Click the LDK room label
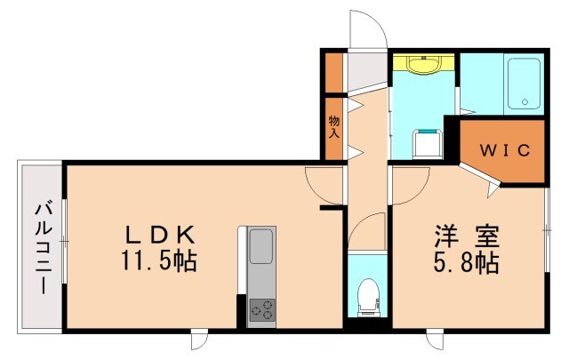tap(160, 236)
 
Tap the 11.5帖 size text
tap(160, 262)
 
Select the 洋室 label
tap(467, 236)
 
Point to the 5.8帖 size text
tap(467, 263)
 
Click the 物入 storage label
tap(334, 126)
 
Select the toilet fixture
tap(365, 299)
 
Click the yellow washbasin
tap(423, 66)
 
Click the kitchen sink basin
tap(261, 245)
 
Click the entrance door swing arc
tap(367, 31)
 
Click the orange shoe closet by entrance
tap(333, 73)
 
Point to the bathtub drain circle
tap(525, 100)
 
